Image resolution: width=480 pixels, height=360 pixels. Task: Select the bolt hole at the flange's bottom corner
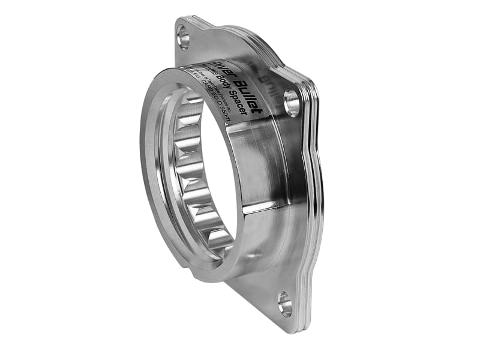(x=284, y=304)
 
